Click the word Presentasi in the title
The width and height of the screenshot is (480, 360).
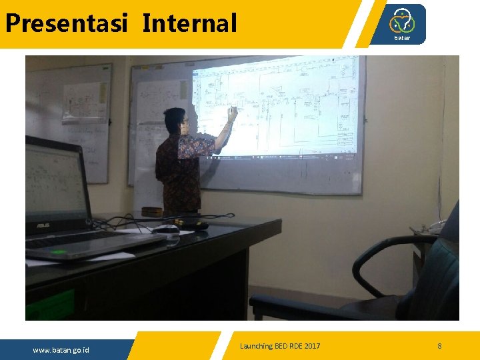click(x=66, y=23)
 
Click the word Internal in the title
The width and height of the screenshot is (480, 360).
click(x=189, y=23)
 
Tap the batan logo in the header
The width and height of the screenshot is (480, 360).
click(x=402, y=24)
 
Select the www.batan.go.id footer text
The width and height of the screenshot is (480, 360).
click(x=61, y=350)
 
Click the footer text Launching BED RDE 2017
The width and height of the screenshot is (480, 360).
click(x=280, y=346)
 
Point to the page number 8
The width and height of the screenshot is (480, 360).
click(x=439, y=346)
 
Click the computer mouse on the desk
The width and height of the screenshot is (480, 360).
click(x=165, y=229)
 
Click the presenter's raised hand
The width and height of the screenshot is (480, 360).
click(x=231, y=114)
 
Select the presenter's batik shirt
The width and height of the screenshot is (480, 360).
click(x=179, y=171)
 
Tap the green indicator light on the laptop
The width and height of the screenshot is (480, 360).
click(x=59, y=252)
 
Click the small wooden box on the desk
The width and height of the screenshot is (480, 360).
click(x=151, y=212)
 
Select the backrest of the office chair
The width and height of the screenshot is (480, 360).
click(x=440, y=280)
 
